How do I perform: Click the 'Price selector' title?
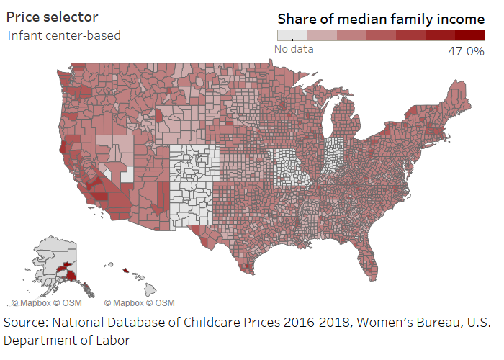pyautogui.click(x=53, y=17)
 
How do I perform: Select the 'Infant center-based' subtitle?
pyautogui.click(x=64, y=35)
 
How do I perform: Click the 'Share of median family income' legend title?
pyautogui.click(x=381, y=19)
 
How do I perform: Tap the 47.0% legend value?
pyautogui.click(x=466, y=51)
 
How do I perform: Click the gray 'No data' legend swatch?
pyautogui.click(x=292, y=35)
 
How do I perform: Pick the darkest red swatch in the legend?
pyautogui.click(x=469, y=35)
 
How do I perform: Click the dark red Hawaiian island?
pyautogui.click(x=125, y=271)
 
